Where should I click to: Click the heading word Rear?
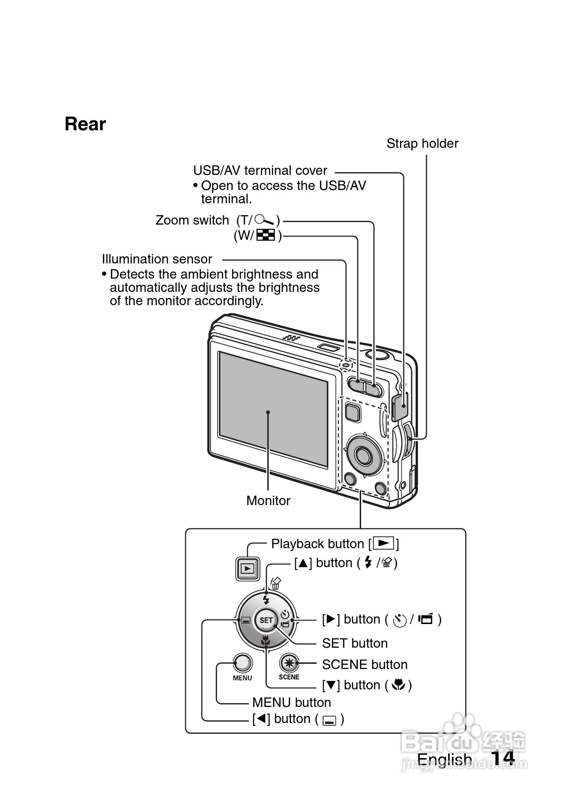(85, 124)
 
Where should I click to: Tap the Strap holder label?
(422, 144)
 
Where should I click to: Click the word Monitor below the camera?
(268, 501)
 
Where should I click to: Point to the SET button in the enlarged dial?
(266, 620)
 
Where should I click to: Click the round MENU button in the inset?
(243, 663)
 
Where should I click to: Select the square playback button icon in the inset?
(247, 568)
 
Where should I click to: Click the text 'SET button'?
(354, 643)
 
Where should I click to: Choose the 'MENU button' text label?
(291, 703)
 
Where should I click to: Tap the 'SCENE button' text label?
(364, 665)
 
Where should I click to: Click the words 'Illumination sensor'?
(157, 259)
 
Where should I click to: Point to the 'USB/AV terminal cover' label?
(260, 171)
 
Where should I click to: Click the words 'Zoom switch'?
(192, 220)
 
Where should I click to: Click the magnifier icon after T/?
(265, 220)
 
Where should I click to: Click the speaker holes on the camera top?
(291, 338)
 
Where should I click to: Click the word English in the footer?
(444, 760)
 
